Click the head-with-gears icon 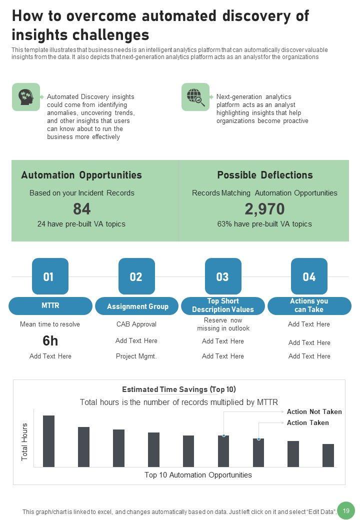[x=25, y=96]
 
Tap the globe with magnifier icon [x=195, y=96]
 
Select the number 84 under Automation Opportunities [x=81, y=208]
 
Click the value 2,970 [x=264, y=208]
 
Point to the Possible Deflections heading [x=264, y=175]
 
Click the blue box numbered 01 [x=50, y=276]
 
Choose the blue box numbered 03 [x=223, y=276]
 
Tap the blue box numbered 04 [x=309, y=276]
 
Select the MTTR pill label [x=50, y=305]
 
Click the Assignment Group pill [x=137, y=306]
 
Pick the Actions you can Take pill [x=309, y=305]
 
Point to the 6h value [x=50, y=341]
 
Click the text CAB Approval [x=136, y=324]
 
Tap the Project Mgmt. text [x=136, y=356]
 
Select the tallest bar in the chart [x=48, y=441]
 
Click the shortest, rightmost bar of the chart [x=328, y=455]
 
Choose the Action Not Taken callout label [x=314, y=411]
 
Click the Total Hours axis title [x=25, y=442]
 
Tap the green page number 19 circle [x=345, y=510]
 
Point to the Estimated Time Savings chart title [x=179, y=389]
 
